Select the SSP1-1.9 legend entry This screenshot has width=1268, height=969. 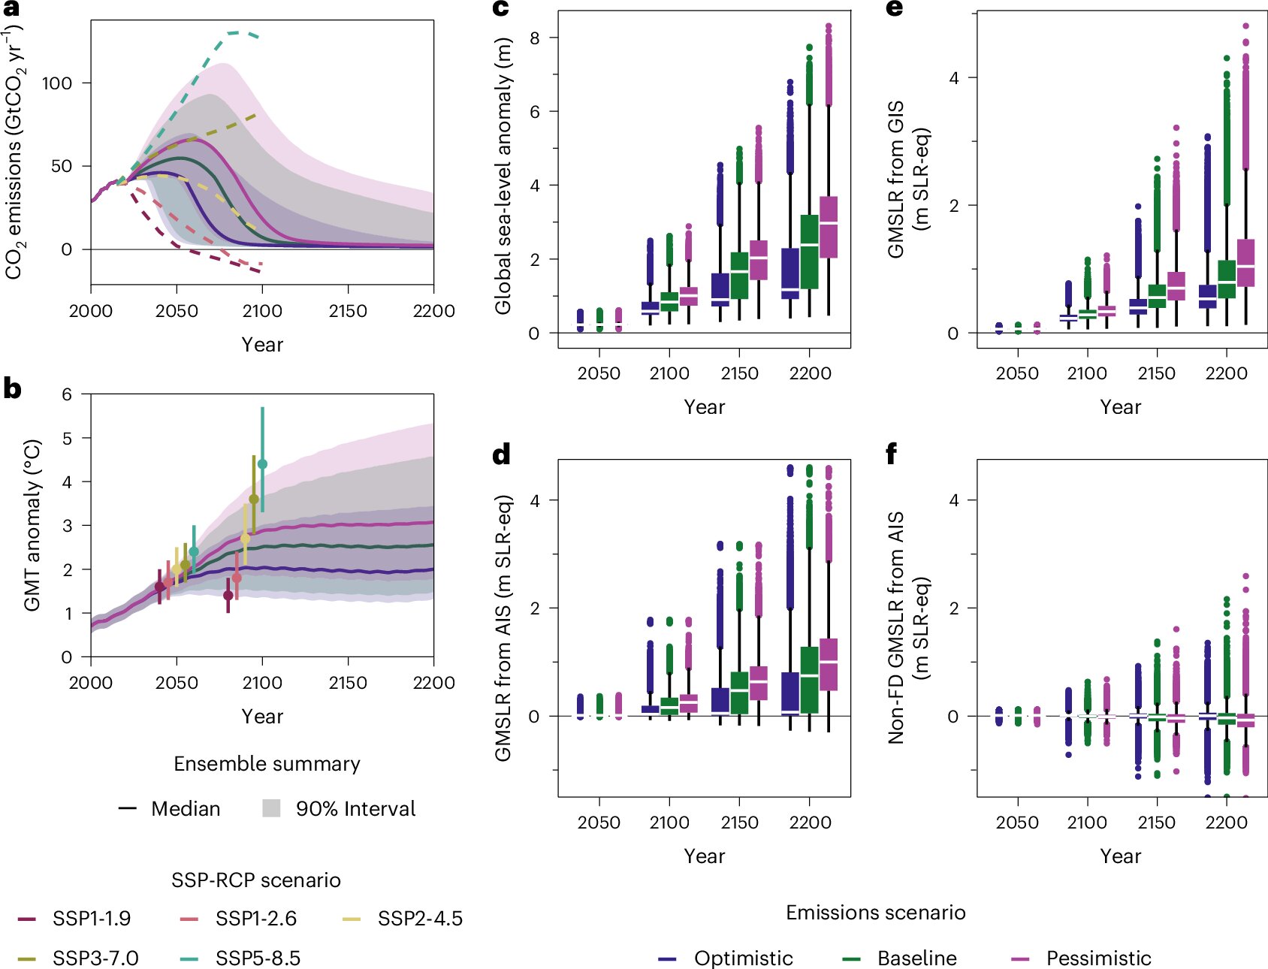[x=91, y=919]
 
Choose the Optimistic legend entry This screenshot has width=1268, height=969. [x=743, y=958]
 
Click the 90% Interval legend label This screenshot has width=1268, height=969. [x=355, y=809]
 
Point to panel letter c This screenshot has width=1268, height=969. [x=500, y=9]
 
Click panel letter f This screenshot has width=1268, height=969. [x=892, y=454]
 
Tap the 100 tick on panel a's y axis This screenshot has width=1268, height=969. [x=57, y=83]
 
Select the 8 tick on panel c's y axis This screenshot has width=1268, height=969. [x=534, y=38]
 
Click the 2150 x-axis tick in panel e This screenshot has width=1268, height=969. [x=1157, y=373]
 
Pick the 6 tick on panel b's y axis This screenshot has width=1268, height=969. [x=68, y=394]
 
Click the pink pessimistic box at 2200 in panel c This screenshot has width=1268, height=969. [x=829, y=227]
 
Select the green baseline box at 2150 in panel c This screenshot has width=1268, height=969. [x=739, y=275]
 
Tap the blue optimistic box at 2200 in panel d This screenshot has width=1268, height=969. [x=790, y=694]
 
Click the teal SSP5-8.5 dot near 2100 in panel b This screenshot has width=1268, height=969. [x=262, y=464]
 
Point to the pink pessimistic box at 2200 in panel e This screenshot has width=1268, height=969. [x=1245, y=263]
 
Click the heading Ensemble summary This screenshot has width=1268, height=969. [x=267, y=764]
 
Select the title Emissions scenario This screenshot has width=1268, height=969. [x=875, y=913]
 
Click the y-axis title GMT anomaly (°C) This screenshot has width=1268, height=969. [x=32, y=525]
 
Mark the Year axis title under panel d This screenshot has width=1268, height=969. [x=704, y=856]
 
